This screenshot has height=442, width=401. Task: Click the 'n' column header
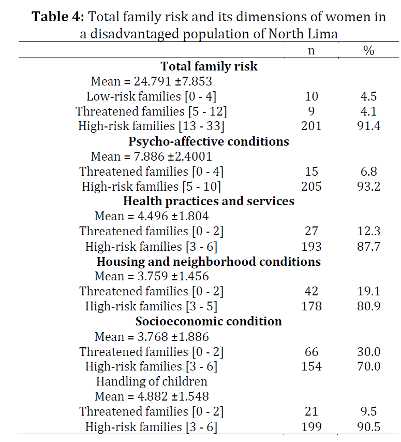[x=311, y=51]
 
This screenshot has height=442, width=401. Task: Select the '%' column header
[x=368, y=51]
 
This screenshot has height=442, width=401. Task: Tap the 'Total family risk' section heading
[x=209, y=66]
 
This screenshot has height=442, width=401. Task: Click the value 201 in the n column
[x=311, y=126]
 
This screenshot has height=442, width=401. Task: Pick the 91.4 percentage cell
[x=368, y=126]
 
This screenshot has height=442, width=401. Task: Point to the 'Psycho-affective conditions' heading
[x=209, y=141]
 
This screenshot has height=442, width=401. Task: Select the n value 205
[x=311, y=187]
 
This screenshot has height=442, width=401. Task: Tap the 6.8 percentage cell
[x=368, y=172]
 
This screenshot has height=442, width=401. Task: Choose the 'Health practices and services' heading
[x=209, y=201]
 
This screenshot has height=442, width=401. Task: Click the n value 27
[x=311, y=231]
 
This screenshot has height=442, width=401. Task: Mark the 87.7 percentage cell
[x=368, y=246]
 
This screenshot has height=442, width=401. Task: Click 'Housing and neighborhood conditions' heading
[x=209, y=261]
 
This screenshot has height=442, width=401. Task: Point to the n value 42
[x=311, y=291]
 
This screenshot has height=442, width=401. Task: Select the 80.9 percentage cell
[x=368, y=306]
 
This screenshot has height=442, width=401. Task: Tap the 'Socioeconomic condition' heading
[x=209, y=321]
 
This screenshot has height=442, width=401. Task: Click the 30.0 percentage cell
[x=368, y=352]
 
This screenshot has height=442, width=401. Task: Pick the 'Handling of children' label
[x=152, y=381]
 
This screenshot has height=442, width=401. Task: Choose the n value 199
[x=311, y=427]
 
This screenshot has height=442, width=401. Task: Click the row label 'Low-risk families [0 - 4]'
[x=152, y=96]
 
